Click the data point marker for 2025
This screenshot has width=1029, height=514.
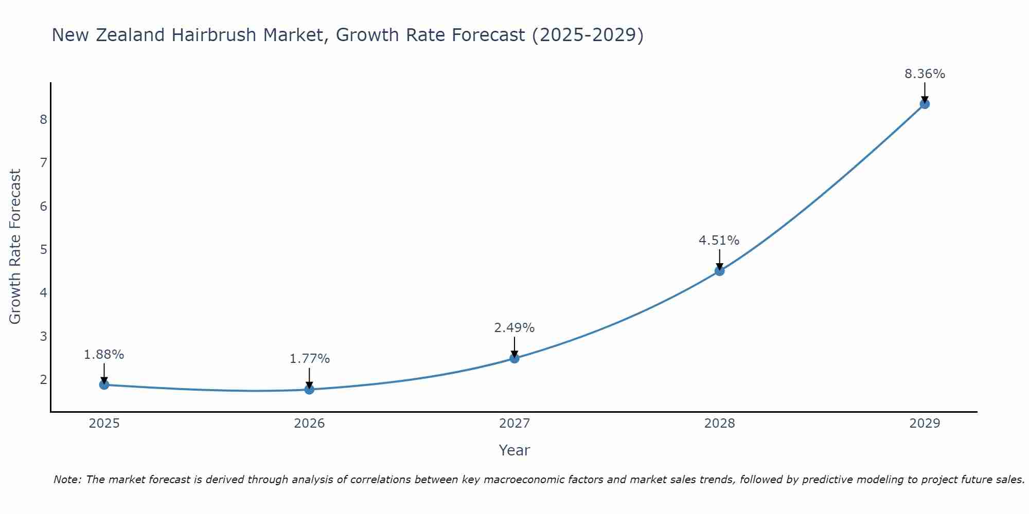pos(104,384)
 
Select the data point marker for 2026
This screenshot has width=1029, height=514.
pos(309,390)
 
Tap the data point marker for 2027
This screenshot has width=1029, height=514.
pos(514,358)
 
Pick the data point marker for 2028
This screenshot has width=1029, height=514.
pos(720,271)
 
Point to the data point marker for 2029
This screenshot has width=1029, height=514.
pos(925,104)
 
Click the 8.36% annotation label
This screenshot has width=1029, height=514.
pos(925,74)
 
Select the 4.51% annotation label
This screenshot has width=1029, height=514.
pos(719,241)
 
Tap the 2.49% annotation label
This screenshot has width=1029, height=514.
pos(514,328)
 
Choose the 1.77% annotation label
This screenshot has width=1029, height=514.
pos(309,359)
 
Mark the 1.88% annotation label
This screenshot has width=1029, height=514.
pos(104,355)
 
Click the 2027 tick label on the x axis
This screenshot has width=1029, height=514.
pos(514,424)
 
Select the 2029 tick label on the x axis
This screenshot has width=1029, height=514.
pos(925,424)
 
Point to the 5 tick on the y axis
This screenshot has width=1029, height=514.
pos(43,250)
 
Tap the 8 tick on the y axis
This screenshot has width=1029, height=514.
pos(43,120)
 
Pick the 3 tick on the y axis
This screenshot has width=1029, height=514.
pos(43,337)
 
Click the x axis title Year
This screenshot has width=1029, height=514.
pos(514,450)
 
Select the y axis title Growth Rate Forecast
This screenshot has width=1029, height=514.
pos(15,247)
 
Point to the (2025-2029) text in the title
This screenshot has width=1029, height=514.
pos(588,35)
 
